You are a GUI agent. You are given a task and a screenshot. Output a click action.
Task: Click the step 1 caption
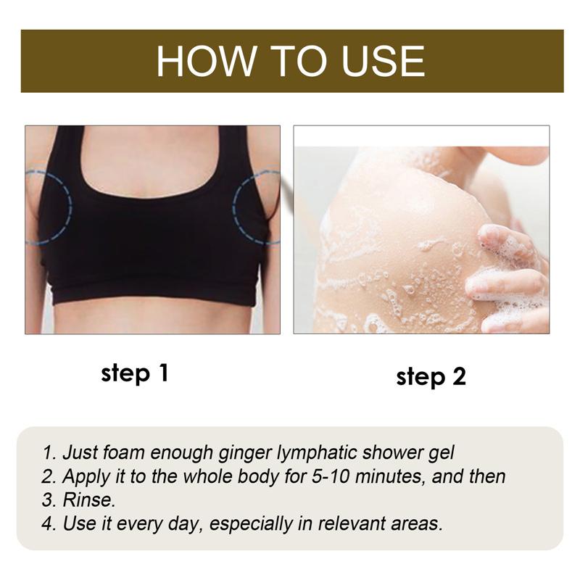(x=135, y=374)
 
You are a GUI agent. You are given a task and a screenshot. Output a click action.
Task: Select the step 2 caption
(x=431, y=377)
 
